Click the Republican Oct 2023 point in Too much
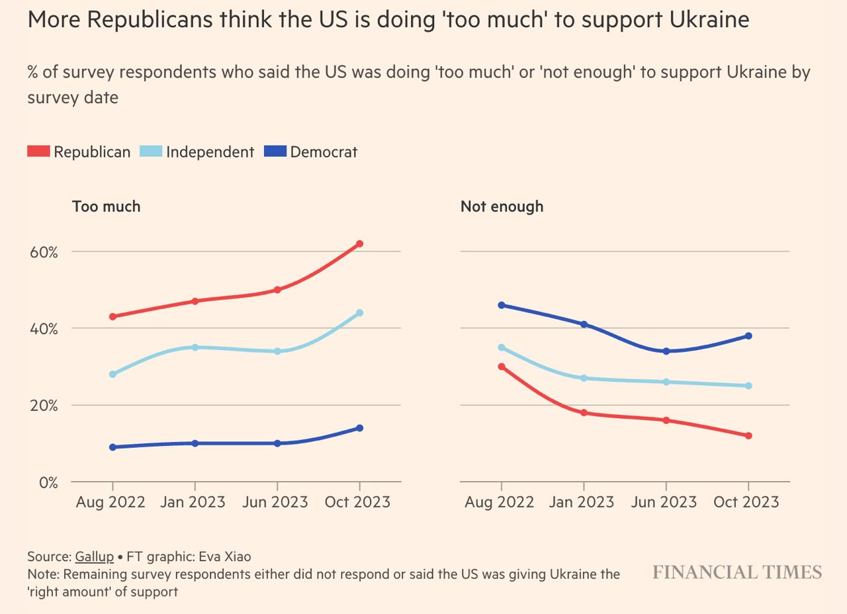[359, 244]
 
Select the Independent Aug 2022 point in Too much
[112, 374]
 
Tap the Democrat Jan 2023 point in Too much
[195, 443]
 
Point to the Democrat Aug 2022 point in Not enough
[501, 305]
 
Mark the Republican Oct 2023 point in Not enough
[748, 436]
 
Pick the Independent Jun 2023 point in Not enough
[666, 382]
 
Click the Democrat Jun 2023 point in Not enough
[666, 351]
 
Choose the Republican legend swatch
[38, 152]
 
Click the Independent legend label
[210, 152]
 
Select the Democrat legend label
[324, 152]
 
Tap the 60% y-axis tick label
[43, 252]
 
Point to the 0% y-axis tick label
[48, 483]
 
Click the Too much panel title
[106, 206]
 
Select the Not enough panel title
[502, 206]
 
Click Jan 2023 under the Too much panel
[193, 502]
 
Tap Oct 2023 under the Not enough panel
[746, 502]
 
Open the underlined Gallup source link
[94, 556]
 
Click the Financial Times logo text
[737, 572]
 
